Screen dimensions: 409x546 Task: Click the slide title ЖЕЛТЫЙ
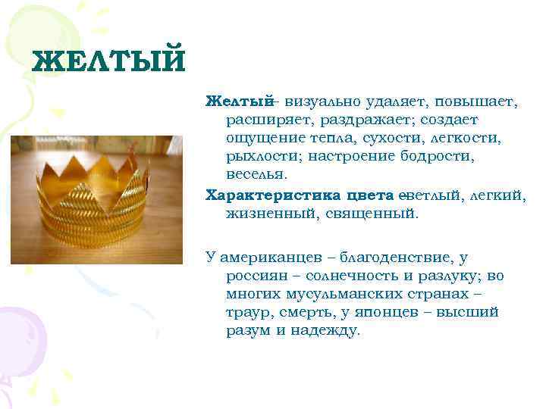(108, 61)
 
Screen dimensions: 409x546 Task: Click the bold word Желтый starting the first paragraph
(239, 101)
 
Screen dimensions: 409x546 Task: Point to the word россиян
(257, 276)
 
